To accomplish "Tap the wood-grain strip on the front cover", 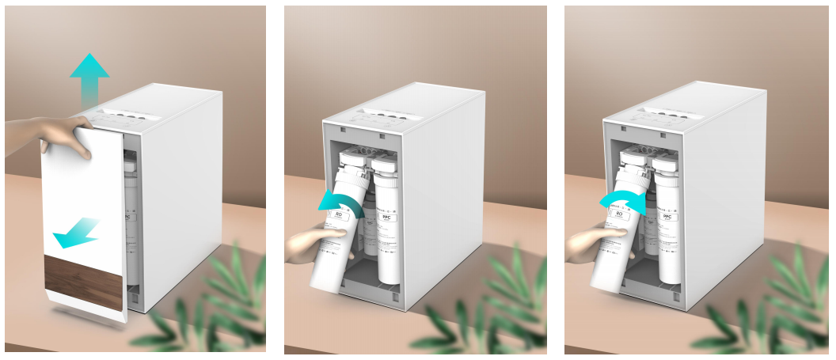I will (84, 282).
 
